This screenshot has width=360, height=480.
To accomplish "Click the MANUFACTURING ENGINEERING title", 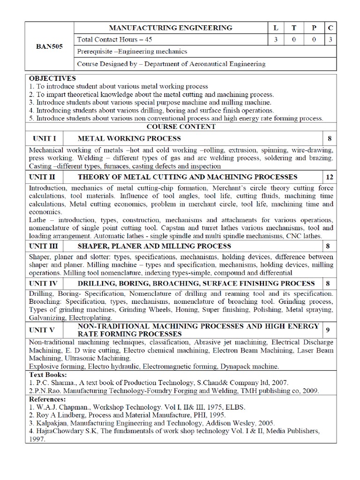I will click(171, 28).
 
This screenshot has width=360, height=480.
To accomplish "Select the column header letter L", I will click(275, 28).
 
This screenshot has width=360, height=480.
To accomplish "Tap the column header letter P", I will click(313, 28).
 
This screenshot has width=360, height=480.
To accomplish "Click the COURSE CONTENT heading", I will click(180, 127).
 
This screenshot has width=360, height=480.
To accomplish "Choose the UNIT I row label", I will click(45, 139).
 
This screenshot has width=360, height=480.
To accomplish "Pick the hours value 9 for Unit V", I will click(328, 330).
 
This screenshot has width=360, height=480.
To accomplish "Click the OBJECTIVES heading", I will click(52, 78).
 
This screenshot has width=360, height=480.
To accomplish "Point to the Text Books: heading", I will click(48, 375).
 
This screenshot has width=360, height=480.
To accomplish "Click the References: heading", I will click(48, 398).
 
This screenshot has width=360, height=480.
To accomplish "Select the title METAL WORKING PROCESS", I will click(129, 139).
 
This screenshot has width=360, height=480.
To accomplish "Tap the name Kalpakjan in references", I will click(53, 422).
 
